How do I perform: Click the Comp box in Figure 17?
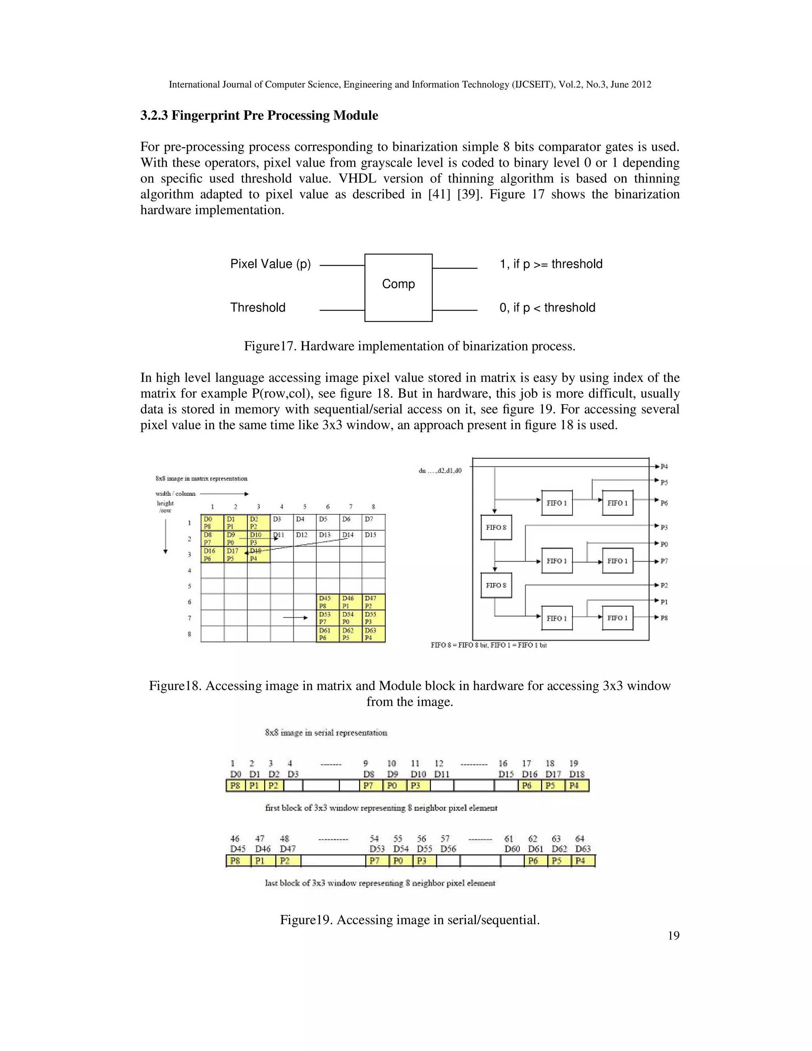pos(398,287)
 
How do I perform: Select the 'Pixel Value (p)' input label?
pos(270,264)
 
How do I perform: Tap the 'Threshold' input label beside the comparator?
pos(257,307)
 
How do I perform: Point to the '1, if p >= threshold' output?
pos(551,264)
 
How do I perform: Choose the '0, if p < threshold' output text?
pos(547,307)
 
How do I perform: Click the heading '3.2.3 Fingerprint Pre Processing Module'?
pos(259,115)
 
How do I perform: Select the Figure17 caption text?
pos(409,347)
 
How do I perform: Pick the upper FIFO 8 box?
pos(496,527)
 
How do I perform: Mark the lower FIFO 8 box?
pos(496,585)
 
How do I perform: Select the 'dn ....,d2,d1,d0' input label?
pos(440,471)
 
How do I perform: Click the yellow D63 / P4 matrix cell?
pos(374,634)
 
